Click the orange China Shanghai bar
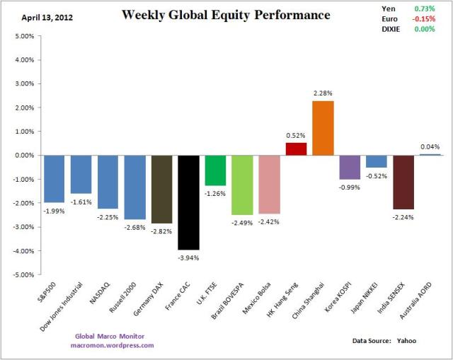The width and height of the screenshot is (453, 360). click(x=322, y=127)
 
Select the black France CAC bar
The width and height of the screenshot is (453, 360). click(x=188, y=202)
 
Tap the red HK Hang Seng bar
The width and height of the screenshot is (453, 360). click(x=296, y=149)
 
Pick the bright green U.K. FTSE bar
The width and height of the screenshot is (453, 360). click(x=215, y=170)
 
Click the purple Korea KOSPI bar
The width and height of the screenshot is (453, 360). click(x=350, y=167)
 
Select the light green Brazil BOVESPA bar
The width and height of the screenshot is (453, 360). click(x=242, y=185)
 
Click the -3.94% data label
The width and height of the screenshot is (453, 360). click(x=188, y=257)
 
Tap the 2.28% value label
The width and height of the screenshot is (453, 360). click(x=322, y=93)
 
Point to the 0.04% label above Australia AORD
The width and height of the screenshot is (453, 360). click(x=430, y=146)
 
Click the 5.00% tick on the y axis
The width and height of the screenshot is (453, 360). click(x=23, y=35)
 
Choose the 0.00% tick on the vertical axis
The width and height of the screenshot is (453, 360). click(x=23, y=155)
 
